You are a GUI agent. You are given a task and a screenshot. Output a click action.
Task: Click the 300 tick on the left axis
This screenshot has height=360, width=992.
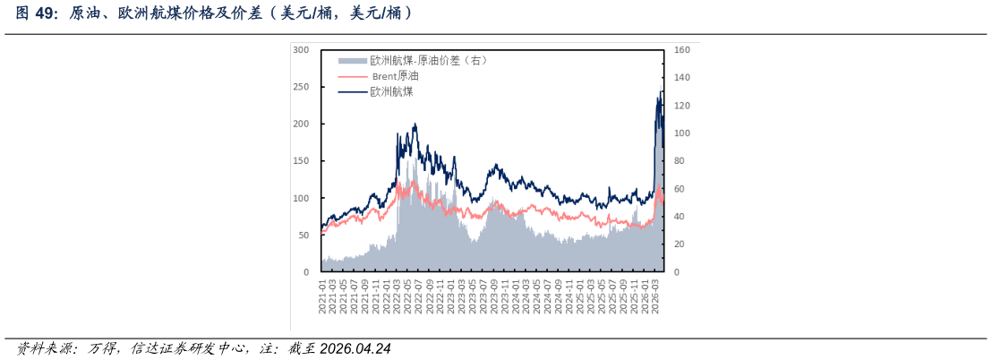[301, 50]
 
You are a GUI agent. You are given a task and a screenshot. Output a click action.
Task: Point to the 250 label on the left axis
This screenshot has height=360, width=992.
[301, 87]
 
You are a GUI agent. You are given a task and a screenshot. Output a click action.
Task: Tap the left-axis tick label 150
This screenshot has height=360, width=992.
[301, 161]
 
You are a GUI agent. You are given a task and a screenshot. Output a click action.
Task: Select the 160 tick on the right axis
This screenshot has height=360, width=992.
[682, 50]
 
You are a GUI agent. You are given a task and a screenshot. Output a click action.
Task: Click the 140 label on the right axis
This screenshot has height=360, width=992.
[682, 78]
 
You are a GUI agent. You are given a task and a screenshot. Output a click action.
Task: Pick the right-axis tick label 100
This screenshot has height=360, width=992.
[682, 133]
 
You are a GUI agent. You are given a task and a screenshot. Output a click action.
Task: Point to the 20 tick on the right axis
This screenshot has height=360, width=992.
[680, 244]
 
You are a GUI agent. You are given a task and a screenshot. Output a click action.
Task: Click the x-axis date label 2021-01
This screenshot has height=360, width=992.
[322, 293]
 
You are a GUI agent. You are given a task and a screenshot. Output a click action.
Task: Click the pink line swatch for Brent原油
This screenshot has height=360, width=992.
[353, 76]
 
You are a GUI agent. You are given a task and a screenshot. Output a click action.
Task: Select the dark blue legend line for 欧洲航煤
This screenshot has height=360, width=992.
[353, 91]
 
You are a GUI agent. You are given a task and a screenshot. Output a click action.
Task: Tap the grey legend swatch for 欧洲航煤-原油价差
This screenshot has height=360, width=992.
[353, 61]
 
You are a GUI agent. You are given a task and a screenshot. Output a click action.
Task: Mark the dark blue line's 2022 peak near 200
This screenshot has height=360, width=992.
[415, 124]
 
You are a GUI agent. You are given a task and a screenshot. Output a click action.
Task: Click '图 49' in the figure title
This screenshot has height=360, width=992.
[31, 14]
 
